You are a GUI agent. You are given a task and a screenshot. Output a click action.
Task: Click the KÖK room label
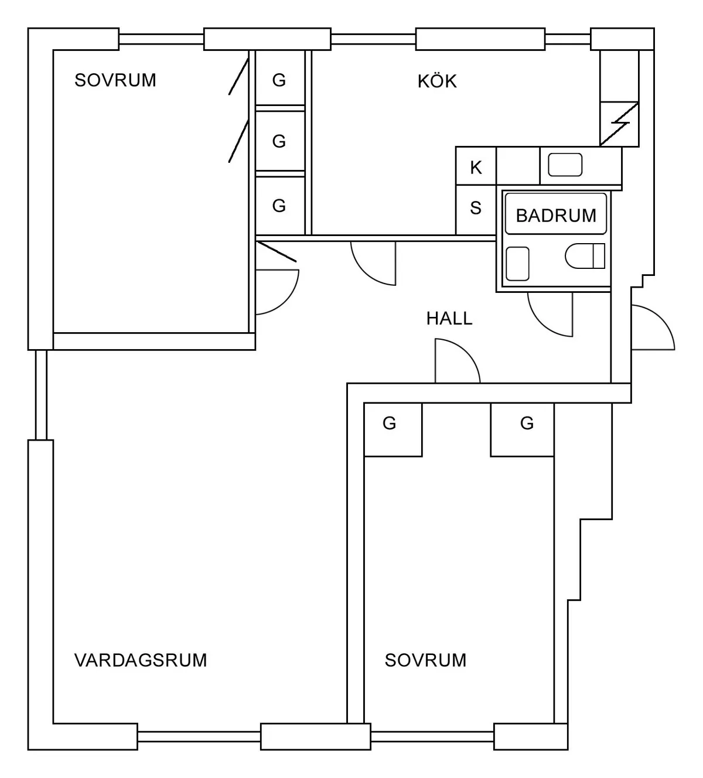(x=437, y=81)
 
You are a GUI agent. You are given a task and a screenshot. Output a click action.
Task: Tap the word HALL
(x=449, y=318)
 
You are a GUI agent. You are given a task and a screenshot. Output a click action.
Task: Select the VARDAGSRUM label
(x=141, y=660)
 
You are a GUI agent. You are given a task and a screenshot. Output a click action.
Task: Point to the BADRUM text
(x=555, y=215)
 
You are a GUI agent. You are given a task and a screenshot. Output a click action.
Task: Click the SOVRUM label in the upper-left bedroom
(x=115, y=80)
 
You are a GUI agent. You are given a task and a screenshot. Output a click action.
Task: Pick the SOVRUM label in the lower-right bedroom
(x=425, y=660)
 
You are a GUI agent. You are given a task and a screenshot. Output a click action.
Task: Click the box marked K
(x=476, y=167)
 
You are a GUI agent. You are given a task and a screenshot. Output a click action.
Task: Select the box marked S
(x=476, y=208)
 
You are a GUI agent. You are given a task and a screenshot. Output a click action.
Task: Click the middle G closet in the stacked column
(x=279, y=141)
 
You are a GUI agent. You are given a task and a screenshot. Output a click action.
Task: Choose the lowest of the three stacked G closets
(x=279, y=206)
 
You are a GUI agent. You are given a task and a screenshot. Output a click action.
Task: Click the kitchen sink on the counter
(x=565, y=165)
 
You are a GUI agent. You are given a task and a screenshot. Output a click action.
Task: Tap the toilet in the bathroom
(x=585, y=256)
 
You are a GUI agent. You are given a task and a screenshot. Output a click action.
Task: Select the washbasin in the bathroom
(x=517, y=263)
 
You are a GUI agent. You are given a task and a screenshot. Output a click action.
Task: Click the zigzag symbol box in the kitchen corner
(x=619, y=124)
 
